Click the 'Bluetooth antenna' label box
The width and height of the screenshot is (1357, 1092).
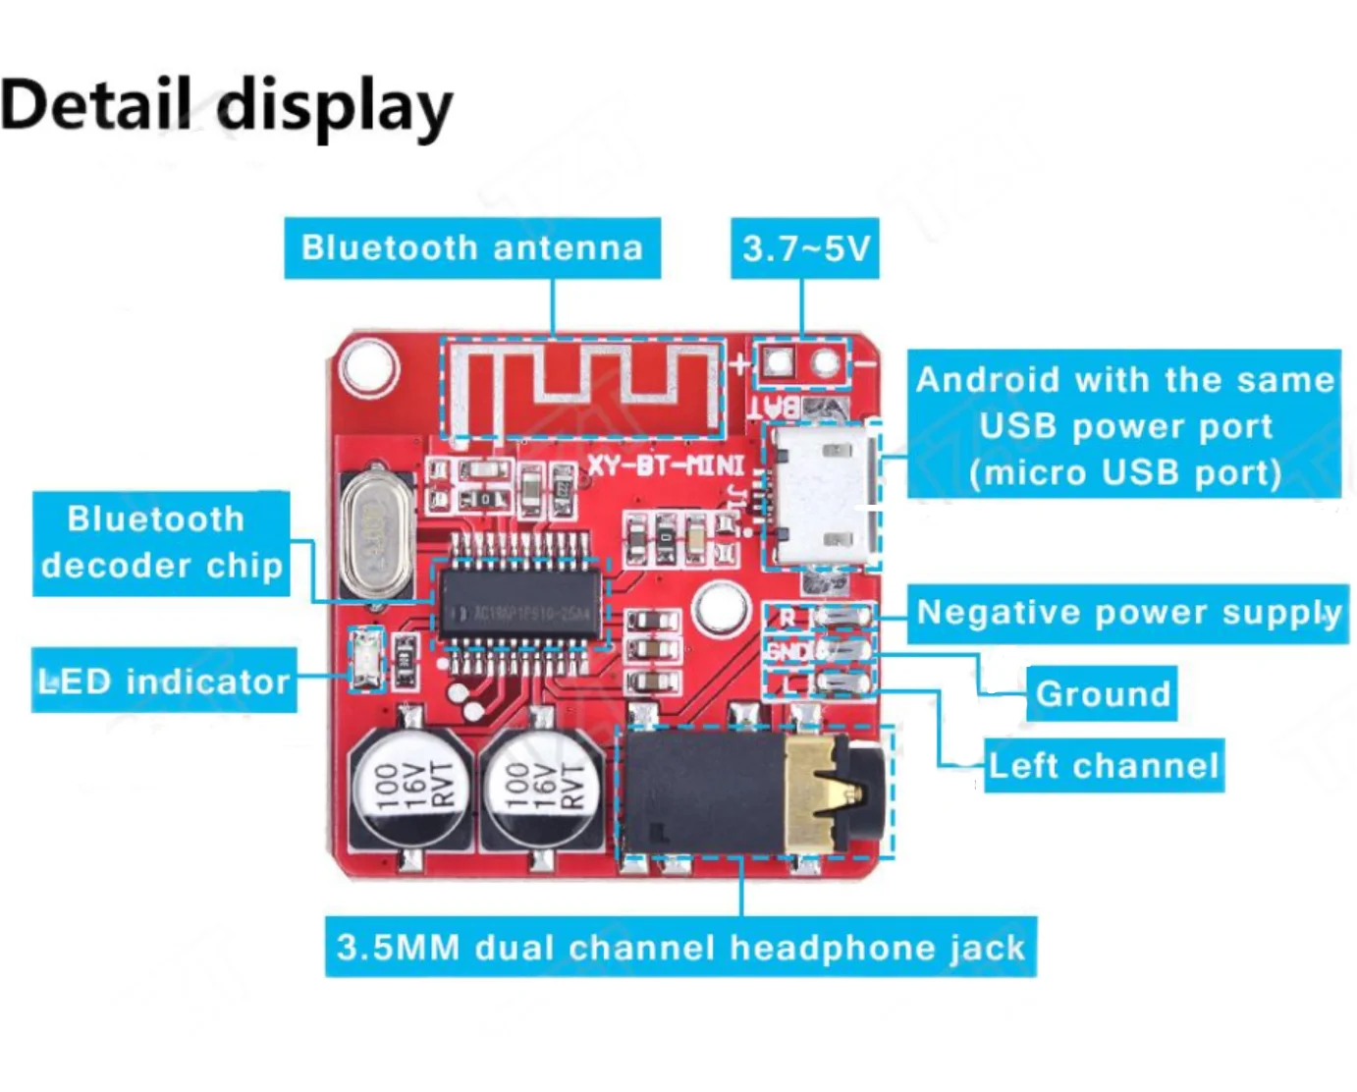[x=472, y=248]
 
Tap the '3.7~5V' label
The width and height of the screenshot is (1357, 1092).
[x=805, y=248]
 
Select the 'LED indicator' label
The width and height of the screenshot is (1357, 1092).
[x=164, y=681]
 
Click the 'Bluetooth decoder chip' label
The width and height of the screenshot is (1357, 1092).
[x=161, y=543]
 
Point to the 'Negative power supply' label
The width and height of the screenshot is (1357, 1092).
[x=1127, y=614]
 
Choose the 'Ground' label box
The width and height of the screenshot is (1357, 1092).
[x=1103, y=694]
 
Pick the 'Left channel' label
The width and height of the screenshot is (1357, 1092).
[x=1104, y=766]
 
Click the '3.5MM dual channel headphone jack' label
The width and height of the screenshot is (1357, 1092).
[x=680, y=948]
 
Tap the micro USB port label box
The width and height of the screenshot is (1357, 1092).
[x=1124, y=425]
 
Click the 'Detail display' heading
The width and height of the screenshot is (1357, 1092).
[x=227, y=106]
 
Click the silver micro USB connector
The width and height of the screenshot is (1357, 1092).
[x=819, y=496]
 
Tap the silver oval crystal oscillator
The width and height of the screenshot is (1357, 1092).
[x=375, y=535]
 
